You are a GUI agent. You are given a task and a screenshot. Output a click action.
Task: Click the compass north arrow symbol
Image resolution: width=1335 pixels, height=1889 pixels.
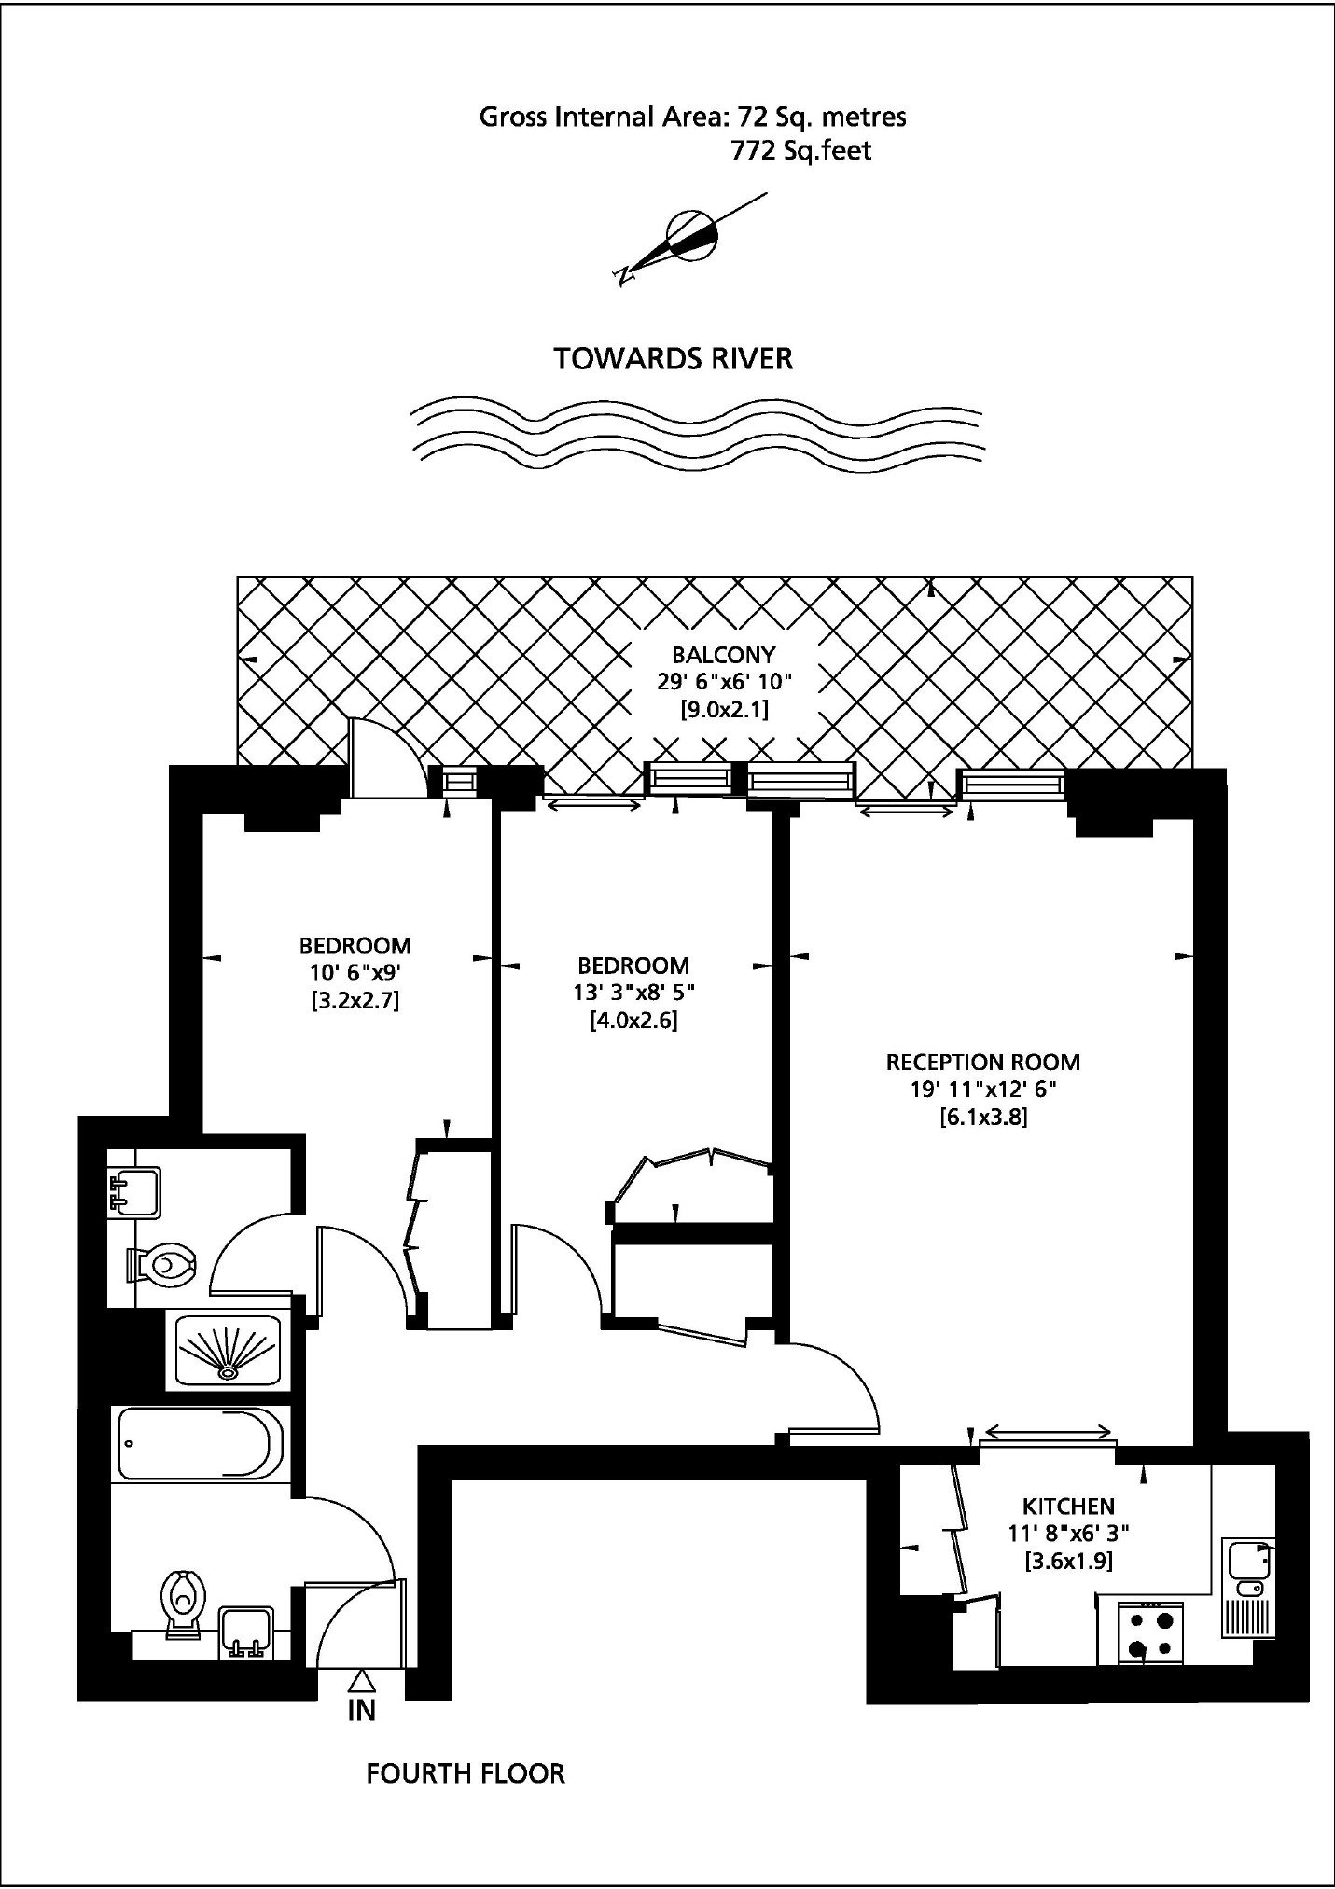pos(691,237)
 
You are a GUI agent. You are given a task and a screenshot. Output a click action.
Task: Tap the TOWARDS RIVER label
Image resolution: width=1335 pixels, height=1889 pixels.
pos(674,359)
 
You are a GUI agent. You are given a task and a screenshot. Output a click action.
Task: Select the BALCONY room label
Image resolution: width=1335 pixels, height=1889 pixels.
pos(724,655)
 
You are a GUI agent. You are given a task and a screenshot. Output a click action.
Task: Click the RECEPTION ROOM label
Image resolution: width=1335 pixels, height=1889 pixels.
pos(983,1062)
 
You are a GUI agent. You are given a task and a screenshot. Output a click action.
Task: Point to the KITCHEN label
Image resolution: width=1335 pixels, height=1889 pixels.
pos(1068,1506)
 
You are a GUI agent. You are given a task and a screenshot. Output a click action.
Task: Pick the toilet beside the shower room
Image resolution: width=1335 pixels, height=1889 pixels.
pos(161,1264)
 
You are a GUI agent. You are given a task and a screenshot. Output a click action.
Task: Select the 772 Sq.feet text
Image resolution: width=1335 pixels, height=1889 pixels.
pos(801,151)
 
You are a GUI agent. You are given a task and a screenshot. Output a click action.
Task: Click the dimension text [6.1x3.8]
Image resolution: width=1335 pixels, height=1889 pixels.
pos(983,1117)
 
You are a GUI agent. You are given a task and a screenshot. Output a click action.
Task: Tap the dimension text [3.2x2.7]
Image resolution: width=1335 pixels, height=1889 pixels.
pos(355,1002)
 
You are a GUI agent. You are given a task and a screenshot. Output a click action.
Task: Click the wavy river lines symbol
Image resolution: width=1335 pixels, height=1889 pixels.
pos(697,434)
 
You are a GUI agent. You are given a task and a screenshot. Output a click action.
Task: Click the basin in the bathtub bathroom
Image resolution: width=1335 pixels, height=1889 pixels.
pos(246,1632)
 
